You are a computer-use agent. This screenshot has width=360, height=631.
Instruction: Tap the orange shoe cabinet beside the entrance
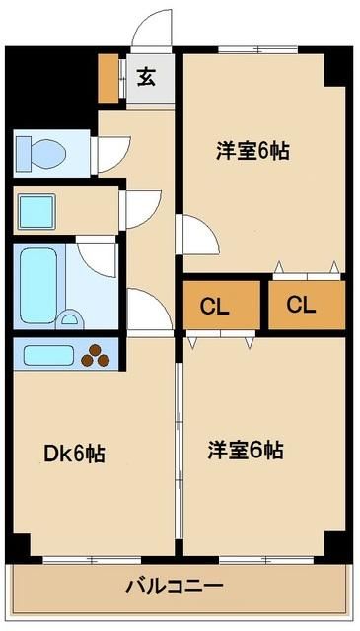(x=109, y=80)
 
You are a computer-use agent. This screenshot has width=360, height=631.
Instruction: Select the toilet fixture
(x=41, y=153)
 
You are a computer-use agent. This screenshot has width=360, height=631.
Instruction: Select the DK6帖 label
(x=75, y=454)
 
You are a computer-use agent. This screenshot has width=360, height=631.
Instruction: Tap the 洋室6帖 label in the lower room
(x=246, y=450)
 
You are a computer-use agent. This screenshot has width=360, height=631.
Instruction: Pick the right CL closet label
(x=302, y=305)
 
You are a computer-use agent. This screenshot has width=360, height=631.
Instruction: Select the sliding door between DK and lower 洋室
(x=178, y=444)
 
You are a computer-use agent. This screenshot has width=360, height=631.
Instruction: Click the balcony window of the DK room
(x=93, y=559)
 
